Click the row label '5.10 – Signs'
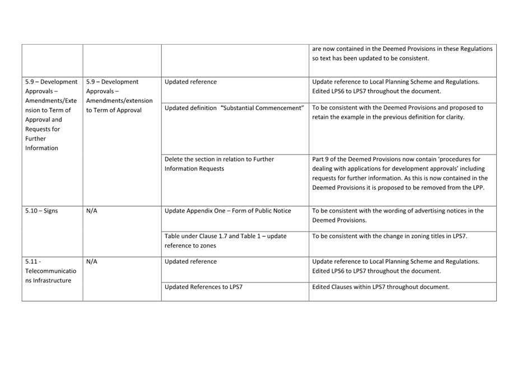41,211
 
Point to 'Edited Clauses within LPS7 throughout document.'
381,287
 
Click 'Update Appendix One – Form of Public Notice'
228,211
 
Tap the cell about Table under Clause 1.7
225,241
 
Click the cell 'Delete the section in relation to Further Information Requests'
220,164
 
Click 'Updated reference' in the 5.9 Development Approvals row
190,82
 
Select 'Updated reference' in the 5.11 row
190,261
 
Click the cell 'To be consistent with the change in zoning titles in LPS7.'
390,236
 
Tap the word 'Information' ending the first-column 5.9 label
41,148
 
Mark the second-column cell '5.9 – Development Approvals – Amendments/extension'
119,96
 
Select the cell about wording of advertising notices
398,215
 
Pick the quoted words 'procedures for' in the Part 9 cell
460,159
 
